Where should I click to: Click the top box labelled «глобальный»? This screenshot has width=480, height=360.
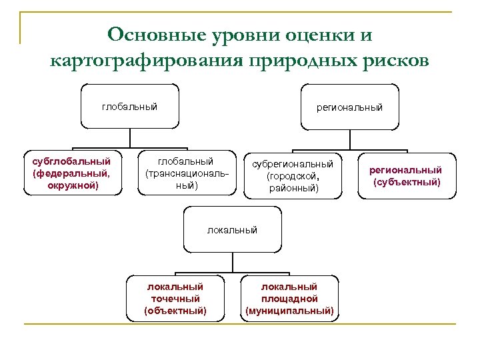click(x=130, y=106)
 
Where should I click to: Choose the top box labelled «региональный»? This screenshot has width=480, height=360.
click(x=350, y=106)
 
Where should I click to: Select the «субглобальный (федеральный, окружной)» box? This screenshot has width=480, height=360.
click(x=73, y=173)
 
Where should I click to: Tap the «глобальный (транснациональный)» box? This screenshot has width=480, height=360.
click(x=187, y=173)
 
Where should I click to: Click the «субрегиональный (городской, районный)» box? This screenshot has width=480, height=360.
click(x=293, y=175)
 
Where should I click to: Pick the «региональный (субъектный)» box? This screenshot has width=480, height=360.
click(x=407, y=176)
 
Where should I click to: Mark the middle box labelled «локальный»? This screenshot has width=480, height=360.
click(x=232, y=229)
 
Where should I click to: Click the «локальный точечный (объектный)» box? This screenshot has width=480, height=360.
click(x=175, y=298)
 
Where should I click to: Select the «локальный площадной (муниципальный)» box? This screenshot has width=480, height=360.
click(x=289, y=298)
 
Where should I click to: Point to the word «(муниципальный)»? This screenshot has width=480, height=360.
click(x=289, y=311)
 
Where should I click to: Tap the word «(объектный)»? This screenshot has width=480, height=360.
click(x=175, y=311)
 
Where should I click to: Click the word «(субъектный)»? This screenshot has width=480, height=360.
click(x=407, y=182)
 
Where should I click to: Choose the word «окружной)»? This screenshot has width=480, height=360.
click(x=73, y=185)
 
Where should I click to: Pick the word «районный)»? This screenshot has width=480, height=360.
click(x=294, y=189)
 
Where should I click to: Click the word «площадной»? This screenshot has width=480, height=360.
click(x=289, y=299)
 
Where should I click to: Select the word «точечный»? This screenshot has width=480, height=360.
click(x=175, y=299)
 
